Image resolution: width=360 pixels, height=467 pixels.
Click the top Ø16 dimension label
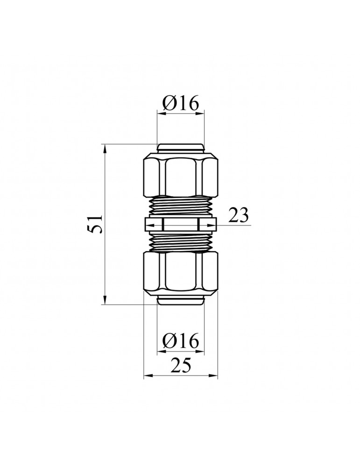coord(180,104)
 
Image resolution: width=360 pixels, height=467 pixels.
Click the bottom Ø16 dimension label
coord(180,340)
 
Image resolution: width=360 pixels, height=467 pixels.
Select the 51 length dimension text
coord(95,224)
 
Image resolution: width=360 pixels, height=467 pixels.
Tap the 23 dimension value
coord(238,215)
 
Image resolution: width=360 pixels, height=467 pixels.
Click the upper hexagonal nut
coord(180,175)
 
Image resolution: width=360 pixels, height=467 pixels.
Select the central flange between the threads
coord(180,224)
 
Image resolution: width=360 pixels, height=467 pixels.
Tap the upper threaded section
coord(180,207)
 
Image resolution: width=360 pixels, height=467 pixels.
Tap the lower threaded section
coord(180,241)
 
